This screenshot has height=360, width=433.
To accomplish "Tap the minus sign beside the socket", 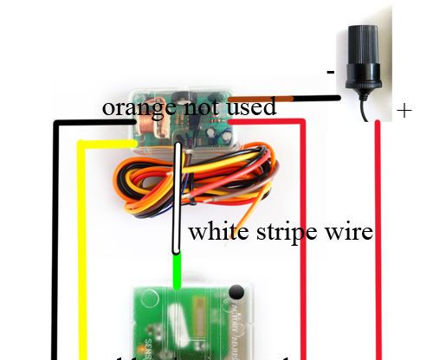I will [330, 73].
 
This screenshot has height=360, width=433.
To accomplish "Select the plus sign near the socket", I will [404, 111].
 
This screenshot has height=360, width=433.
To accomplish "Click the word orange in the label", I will [130, 108].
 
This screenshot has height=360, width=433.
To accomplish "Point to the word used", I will [253, 107].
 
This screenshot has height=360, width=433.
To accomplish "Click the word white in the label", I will [216, 232].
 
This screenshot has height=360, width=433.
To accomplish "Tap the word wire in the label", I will [350, 232].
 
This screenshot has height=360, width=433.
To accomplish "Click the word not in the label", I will [201, 108].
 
